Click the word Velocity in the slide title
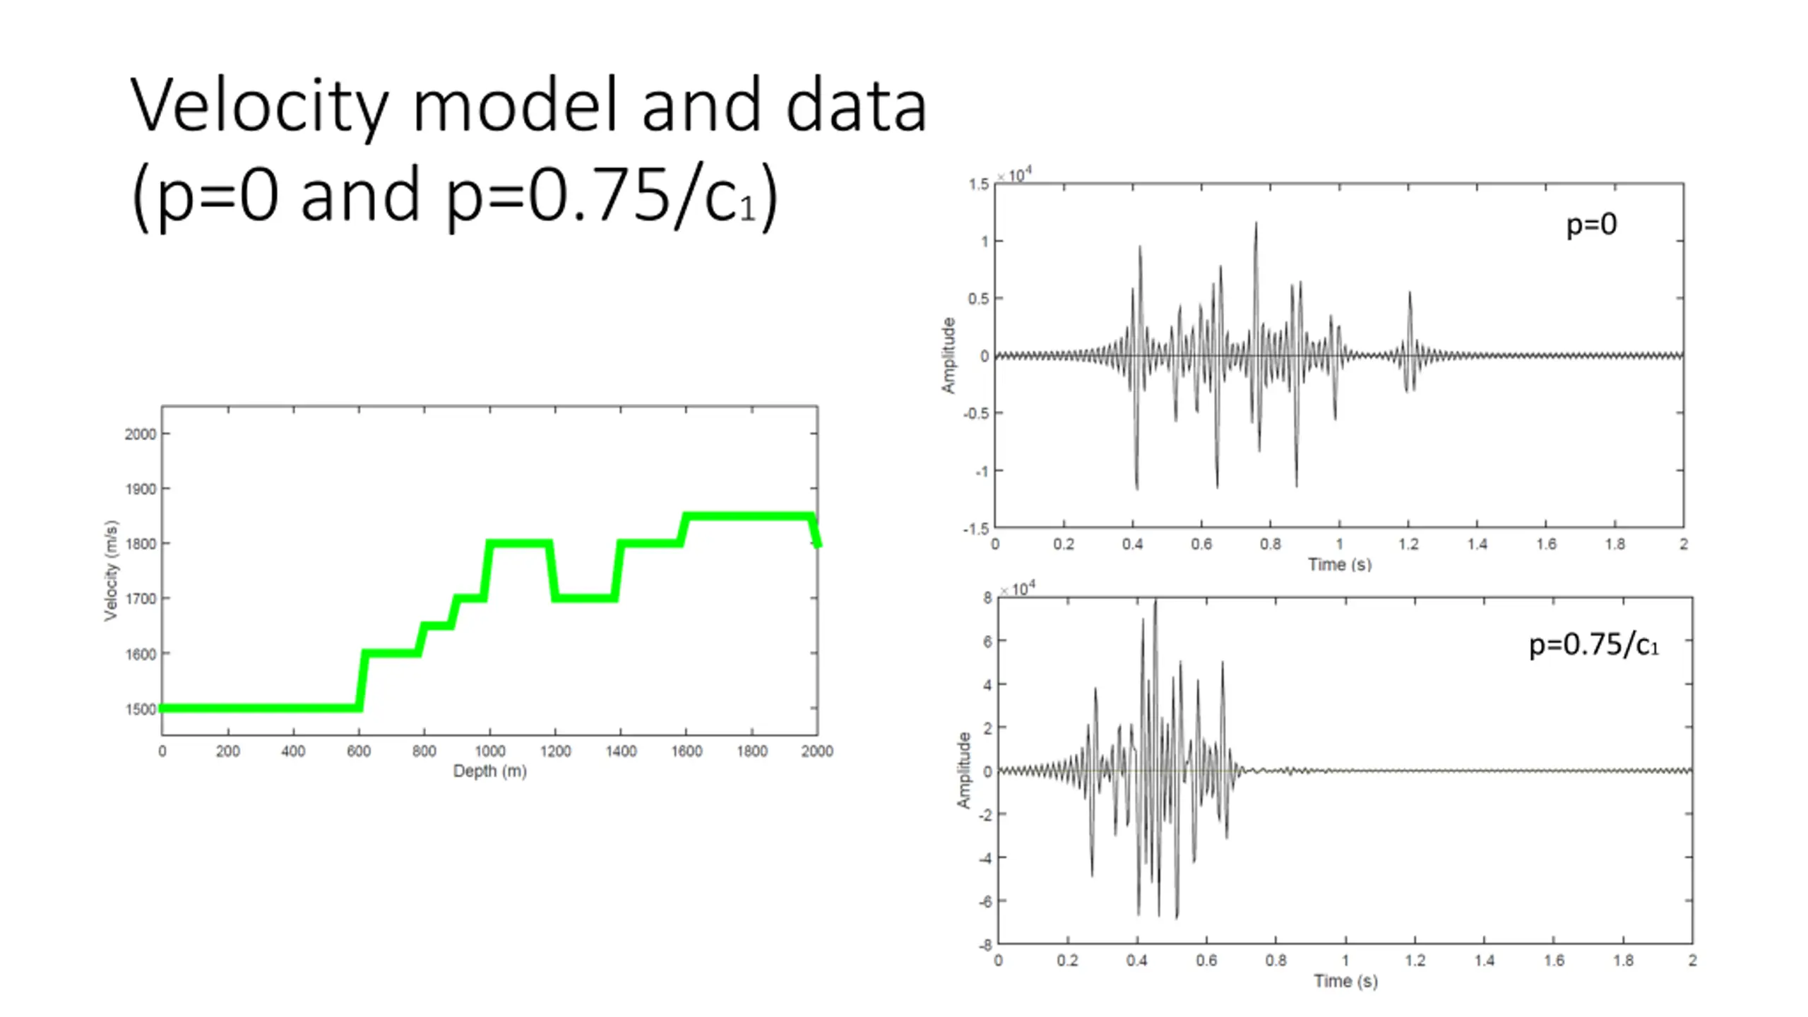click(258, 106)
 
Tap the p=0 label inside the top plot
click(1591, 225)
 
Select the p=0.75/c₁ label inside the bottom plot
click(1593, 645)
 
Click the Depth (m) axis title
click(489, 771)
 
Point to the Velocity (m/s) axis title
click(111, 571)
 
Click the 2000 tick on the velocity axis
click(140, 434)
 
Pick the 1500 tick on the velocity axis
click(140, 709)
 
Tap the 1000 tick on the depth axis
click(489, 751)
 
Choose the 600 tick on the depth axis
click(358, 751)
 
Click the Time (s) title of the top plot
click(1339, 564)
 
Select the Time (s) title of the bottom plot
click(1345, 980)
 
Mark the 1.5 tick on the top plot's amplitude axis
click(978, 184)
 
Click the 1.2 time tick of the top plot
click(1408, 545)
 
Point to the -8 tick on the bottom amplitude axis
click(985, 945)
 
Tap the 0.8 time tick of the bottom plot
click(1275, 961)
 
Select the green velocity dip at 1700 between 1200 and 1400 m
click(585, 598)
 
